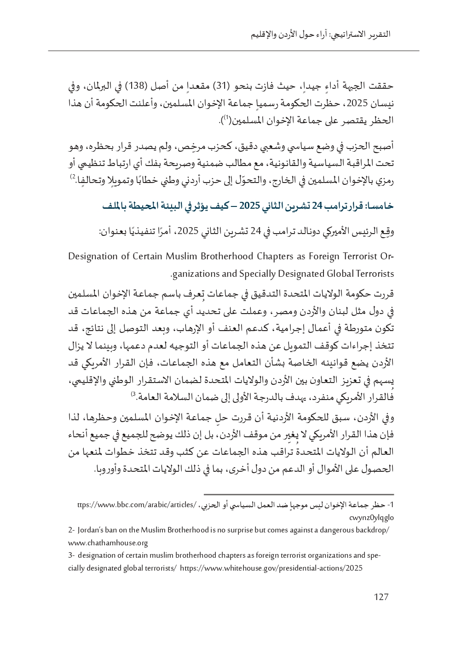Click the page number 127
click(x=381, y=597)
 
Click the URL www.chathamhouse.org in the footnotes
click(x=108, y=543)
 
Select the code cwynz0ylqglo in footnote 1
click(x=372, y=517)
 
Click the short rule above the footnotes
click(x=299, y=493)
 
